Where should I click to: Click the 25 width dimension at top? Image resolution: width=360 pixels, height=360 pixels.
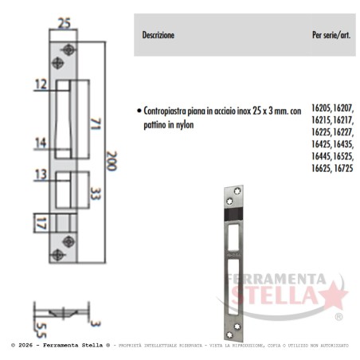click(65, 23)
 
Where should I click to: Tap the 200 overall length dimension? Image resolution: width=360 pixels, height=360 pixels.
click(112, 161)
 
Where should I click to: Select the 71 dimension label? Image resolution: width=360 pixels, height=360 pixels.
click(96, 124)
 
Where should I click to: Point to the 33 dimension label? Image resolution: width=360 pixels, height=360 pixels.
click(96, 194)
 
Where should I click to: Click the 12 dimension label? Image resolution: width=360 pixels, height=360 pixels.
click(41, 84)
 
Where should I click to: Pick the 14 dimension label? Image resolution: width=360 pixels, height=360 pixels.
click(41, 143)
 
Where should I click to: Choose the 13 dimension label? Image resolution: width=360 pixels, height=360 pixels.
click(41, 174)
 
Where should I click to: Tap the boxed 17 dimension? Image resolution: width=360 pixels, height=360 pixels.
click(41, 223)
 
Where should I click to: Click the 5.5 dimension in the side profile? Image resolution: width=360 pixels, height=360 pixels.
click(41, 331)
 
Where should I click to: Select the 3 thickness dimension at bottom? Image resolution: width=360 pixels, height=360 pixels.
click(96, 323)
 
